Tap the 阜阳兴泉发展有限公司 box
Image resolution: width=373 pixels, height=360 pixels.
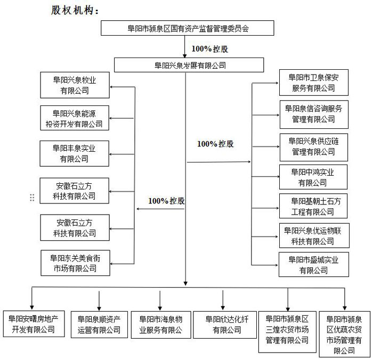(x=190, y=66)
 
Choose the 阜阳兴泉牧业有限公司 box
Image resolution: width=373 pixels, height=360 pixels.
(x=74, y=85)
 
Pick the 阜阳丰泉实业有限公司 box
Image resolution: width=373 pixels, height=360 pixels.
(x=74, y=153)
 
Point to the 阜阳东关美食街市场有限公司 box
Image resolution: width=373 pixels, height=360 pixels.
(x=75, y=263)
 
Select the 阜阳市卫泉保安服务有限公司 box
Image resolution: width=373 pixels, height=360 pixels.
(x=313, y=83)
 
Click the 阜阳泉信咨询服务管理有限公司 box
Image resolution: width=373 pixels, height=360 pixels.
(x=313, y=114)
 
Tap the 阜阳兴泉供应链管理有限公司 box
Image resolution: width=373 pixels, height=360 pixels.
(x=313, y=146)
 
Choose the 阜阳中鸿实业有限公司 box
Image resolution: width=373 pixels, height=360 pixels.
(x=313, y=177)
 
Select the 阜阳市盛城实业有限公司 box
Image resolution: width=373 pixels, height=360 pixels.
(x=313, y=265)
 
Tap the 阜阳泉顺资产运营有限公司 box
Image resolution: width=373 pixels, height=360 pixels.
(x=99, y=324)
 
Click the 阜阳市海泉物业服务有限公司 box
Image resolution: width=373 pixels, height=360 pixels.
(x=160, y=324)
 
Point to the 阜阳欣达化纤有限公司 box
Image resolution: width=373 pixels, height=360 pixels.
(x=223, y=324)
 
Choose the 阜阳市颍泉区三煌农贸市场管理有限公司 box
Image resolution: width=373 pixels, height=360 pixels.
(x=287, y=330)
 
